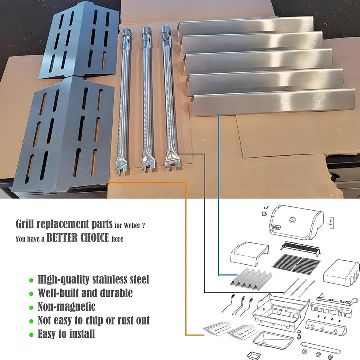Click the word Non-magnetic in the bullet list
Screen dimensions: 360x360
tap(66, 306)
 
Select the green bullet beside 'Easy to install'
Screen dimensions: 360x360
tap(32, 334)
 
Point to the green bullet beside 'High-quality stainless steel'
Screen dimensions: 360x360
tap(32, 280)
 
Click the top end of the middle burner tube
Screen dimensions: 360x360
tap(146, 34)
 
